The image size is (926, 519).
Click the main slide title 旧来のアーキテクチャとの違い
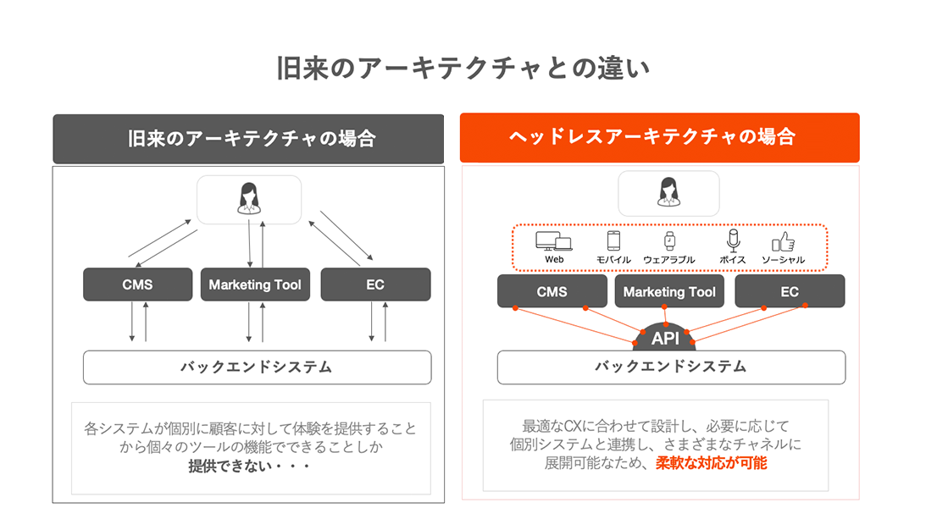(463, 69)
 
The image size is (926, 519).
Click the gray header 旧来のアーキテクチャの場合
(248, 138)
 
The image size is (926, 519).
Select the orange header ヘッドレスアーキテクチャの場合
(658, 136)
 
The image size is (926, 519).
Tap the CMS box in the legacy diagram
(137, 284)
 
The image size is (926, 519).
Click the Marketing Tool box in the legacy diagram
(255, 284)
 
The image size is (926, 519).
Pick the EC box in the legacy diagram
(375, 284)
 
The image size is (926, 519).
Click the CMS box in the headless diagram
(552, 291)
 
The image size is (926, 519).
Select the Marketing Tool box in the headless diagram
(669, 291)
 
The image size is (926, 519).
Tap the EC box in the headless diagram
(789, 291)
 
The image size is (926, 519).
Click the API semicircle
(665, 338)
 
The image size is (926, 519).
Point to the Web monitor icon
(554, 240)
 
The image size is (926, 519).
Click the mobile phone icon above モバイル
(614, 240)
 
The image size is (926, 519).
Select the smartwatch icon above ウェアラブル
(669, 240)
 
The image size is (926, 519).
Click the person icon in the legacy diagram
(248, 198)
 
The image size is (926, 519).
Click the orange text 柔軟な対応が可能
(711, 463)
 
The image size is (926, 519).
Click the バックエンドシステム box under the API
(670, 367)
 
